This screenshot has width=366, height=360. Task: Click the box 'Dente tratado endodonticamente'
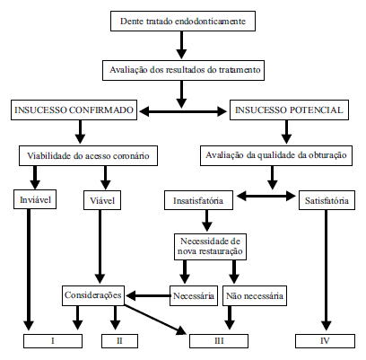183,22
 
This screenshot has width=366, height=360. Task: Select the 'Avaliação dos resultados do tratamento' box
183,70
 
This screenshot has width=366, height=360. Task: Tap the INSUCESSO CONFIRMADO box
74,110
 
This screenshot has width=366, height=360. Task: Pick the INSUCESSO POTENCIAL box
289,110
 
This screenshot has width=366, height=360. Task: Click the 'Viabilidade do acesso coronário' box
88,156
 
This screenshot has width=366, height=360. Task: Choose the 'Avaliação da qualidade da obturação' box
276,155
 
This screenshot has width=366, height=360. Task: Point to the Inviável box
35,199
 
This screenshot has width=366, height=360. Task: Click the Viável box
102,200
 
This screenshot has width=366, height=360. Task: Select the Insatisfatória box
198,200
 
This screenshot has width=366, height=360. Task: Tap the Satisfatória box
327,200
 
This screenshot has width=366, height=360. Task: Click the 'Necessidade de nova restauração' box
210,247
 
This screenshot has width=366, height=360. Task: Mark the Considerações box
93,295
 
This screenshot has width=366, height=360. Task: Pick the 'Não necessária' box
255,295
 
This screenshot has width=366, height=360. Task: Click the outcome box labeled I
53,341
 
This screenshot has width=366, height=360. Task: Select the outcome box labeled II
119,341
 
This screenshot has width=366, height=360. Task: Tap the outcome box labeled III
219,341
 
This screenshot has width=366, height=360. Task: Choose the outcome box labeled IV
325,341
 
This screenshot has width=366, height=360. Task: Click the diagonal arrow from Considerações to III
155,320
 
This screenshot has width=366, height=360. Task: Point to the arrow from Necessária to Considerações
148,296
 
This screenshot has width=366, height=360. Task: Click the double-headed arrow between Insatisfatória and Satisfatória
266,197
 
